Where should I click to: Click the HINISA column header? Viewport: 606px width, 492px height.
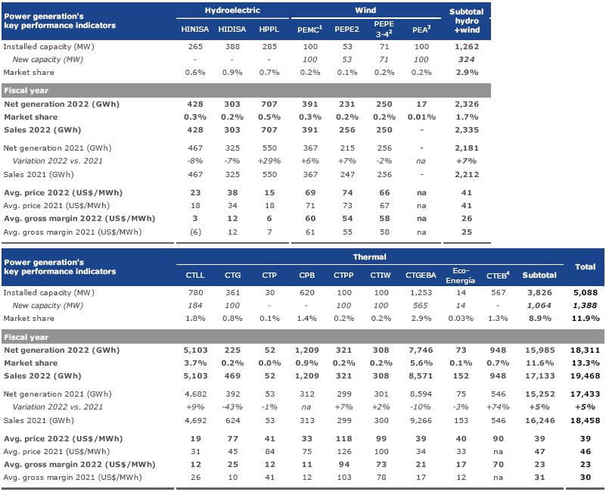coord(194,30)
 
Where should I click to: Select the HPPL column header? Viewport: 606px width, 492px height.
coord(269,30)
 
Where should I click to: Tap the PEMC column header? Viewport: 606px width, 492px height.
coord(309,30)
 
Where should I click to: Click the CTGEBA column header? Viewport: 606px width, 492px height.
coord(421,276)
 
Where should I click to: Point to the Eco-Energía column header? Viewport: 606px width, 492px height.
coord(460,276)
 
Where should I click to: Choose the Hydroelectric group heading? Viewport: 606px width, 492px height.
coord(232,11)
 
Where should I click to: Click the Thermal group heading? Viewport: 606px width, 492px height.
coord(369,257)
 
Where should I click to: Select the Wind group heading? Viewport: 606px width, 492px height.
coord(365,11)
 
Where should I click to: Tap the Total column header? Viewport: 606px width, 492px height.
coord(585,267)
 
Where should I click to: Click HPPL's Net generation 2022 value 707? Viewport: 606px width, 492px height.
coord(269,104)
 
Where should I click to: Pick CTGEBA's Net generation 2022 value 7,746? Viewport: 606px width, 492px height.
coord(421,350)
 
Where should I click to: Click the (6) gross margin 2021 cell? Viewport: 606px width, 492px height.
coord(195,232)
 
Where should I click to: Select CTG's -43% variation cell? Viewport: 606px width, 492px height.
coord(232,407)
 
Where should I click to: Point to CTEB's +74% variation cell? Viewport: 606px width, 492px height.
coord(498,407)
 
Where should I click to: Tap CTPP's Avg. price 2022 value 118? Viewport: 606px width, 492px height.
coord(343,439)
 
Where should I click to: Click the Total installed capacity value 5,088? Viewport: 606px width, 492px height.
coord(585,293)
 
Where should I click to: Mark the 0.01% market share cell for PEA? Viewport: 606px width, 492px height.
coord(421,117)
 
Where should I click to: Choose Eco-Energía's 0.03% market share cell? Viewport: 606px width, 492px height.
coord(460,319)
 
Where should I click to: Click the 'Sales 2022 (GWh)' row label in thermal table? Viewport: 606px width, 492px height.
coord(42,376)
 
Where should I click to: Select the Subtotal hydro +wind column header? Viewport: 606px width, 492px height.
coord(467,21)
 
